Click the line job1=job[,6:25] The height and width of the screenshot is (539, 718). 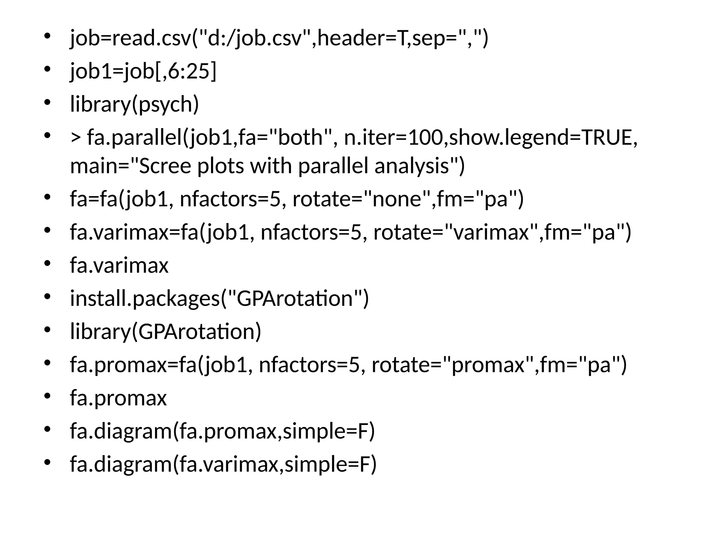(143, 71)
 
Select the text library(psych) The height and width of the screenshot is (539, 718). (134, 104)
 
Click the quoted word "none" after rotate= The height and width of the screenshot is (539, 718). (396, 199)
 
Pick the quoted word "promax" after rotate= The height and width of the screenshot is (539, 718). (487, 365)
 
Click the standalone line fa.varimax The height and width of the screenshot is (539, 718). (119, 265)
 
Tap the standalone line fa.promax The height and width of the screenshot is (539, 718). (118, 398)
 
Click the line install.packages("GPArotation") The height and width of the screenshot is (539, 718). (219, 298)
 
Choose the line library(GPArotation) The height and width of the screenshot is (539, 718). (165, 332)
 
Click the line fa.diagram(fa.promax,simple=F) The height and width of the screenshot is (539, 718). (222, 431)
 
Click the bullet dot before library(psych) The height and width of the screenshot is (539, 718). (47, 102)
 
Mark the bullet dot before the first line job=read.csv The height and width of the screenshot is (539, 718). (47, 36)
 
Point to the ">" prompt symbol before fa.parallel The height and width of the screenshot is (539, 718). (75, 138)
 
